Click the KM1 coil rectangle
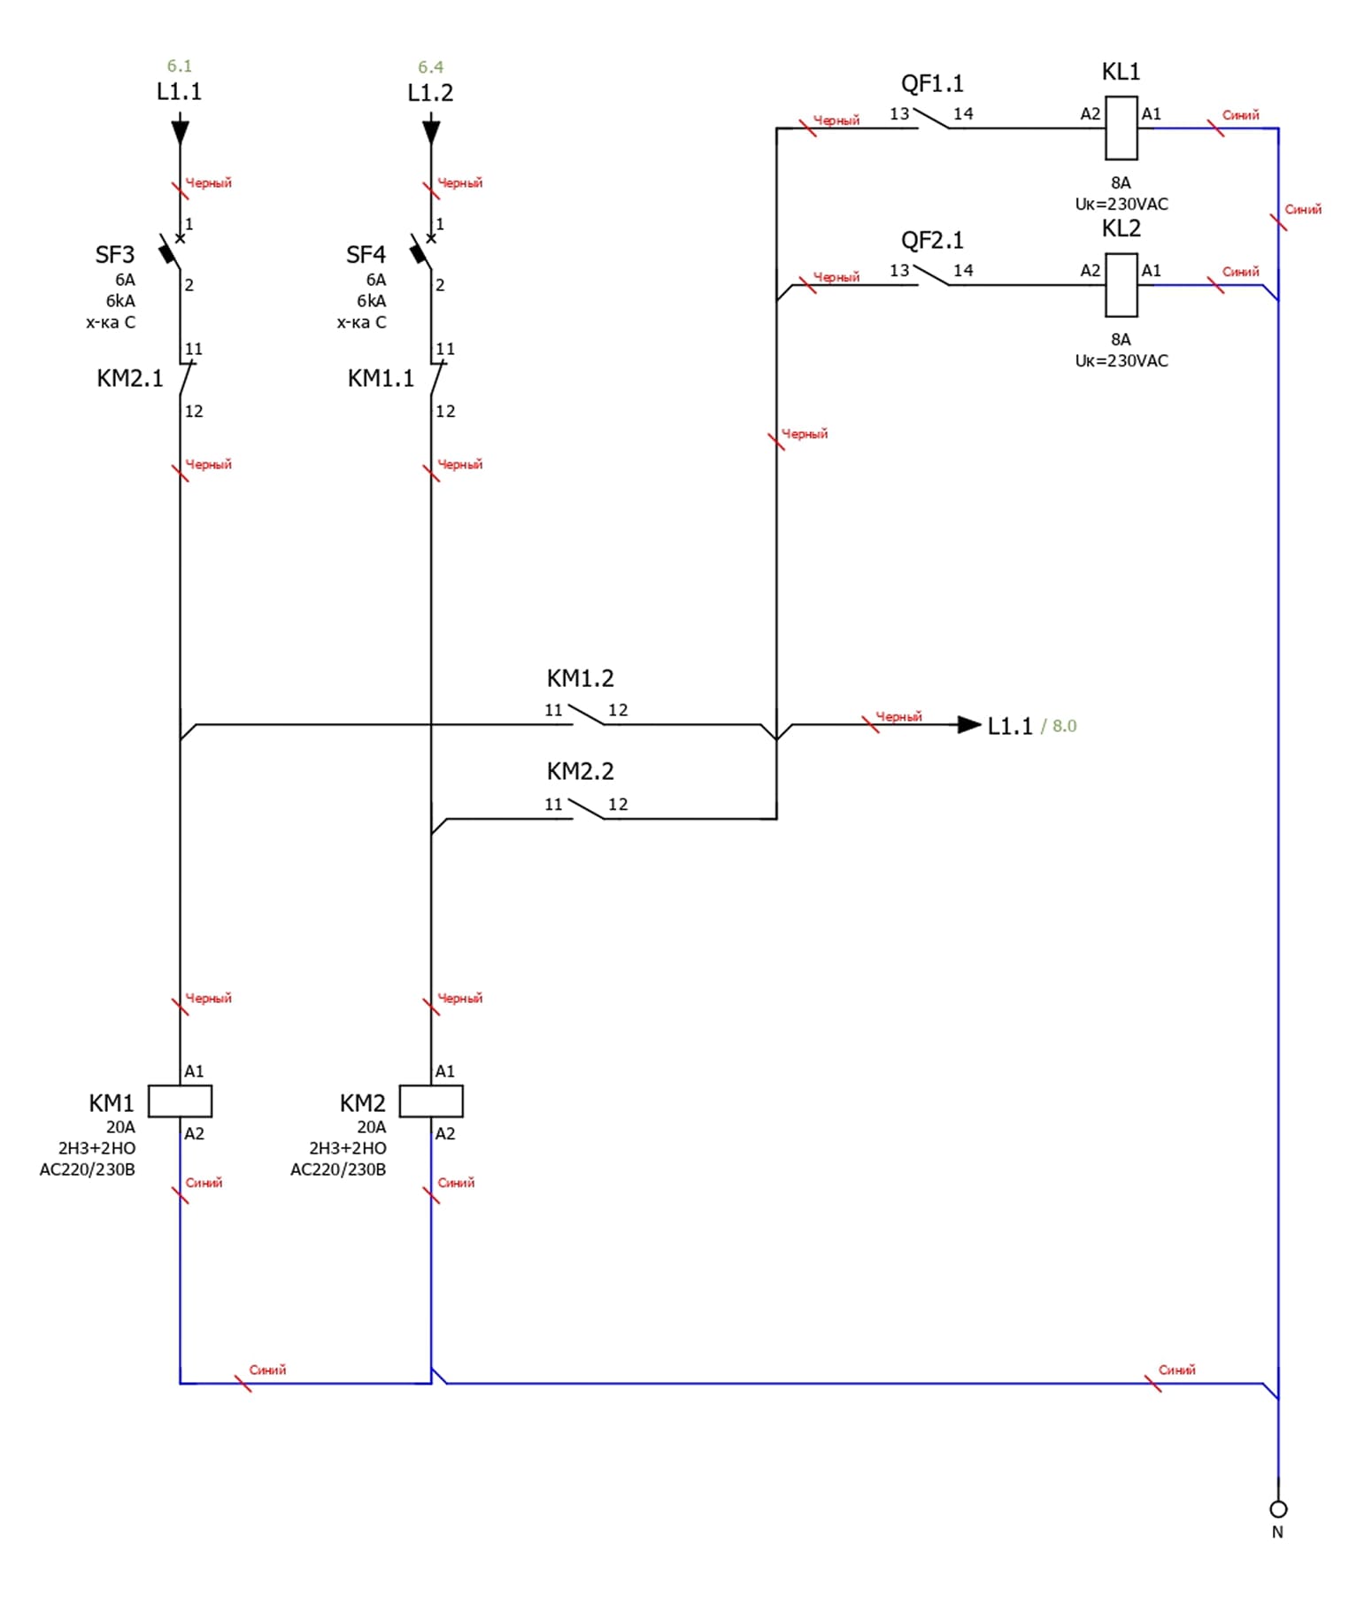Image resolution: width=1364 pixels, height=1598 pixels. [180, 1100]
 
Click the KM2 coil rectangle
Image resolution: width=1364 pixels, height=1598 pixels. [431, 1100]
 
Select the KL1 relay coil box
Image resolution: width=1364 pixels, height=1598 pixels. [1121, 128]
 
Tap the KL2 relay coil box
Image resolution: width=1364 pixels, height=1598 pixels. [1121, 285]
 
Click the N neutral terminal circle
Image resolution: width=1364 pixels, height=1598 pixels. [1277, 1509]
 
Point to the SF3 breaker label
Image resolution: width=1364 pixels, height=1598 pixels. [115, 255]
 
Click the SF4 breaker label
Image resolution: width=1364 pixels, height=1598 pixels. [366, 255]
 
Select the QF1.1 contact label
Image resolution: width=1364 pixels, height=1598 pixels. [932, 84]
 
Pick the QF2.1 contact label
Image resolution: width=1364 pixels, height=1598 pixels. [932, 241]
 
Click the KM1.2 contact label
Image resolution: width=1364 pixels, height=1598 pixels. [580, 678]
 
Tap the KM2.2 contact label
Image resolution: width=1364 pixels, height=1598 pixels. [580, 771]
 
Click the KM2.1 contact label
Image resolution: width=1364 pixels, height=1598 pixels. [130, 379]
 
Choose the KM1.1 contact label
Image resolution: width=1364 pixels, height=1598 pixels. [381, 379]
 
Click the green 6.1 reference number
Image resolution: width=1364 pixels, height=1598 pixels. [180, 66]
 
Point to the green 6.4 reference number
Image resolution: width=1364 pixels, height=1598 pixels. [431, 67]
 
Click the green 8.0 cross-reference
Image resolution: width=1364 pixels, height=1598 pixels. [1064, 726]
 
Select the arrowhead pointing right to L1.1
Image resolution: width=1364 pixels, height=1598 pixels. [970, 725]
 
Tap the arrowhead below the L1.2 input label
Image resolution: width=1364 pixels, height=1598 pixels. [431, 133]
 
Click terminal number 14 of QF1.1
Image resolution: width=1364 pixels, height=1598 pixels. [963, 114]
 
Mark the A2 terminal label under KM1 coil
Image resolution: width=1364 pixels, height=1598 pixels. [194, 1133]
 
